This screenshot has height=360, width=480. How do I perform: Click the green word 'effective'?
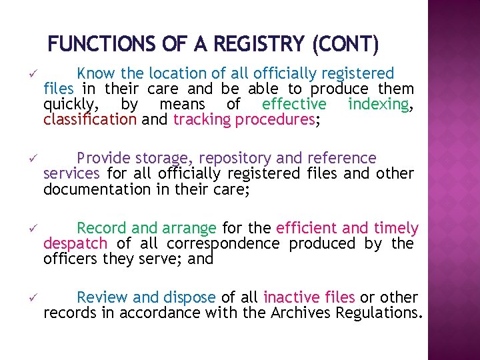pyautogui.click(x=294, y=105)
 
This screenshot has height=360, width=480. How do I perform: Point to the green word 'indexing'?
pyautogui.click(x=379, y=105)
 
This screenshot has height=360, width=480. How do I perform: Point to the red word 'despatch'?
pyautogui.click(x=75, y=244)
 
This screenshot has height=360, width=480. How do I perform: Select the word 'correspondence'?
pyautogui.click(x=223, y=244)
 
